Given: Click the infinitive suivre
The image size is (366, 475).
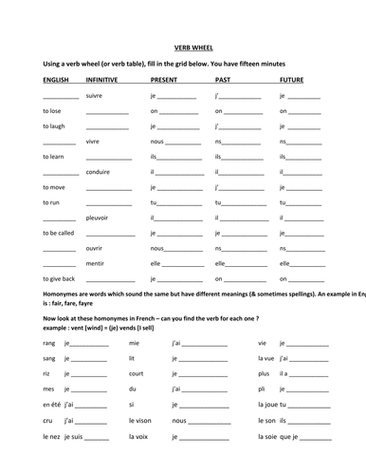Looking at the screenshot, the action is (94, 96).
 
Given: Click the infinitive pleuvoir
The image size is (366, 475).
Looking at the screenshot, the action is (98, 218).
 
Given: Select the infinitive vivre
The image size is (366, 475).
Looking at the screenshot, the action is (93, 142).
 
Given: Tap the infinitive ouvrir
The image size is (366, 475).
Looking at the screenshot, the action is (94, 248).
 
